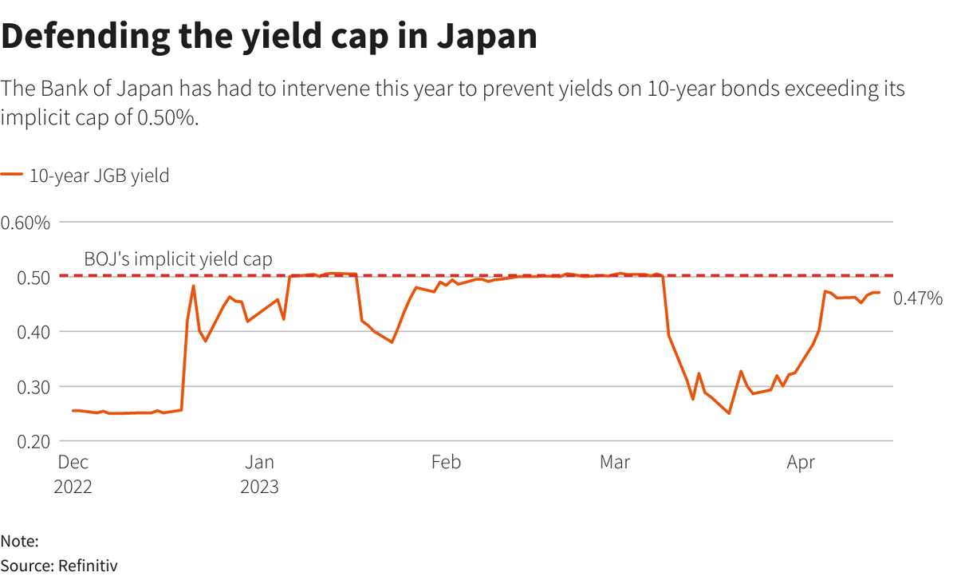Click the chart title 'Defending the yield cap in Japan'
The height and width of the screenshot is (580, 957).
[x=269, y=37]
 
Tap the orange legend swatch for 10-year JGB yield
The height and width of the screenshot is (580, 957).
[x=12, y=176]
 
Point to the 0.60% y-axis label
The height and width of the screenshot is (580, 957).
[x=26, y=223]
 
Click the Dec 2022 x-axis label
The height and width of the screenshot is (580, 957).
[x=73, y=474]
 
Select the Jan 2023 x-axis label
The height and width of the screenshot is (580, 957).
[x=259, y=474]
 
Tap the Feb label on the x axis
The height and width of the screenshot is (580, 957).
[x=445, y=463]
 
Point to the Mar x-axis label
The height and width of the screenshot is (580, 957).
[x=614, y=463]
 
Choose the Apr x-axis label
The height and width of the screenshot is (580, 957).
[x=801, y=463]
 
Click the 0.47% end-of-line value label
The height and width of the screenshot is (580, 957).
[x=918, y=299]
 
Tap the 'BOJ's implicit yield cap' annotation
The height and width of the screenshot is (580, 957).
[x=178, y=259]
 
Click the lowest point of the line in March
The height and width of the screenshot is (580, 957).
[x=729, y=413]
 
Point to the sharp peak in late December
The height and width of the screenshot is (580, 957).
[x=193, y=286]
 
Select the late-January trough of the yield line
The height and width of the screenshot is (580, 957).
[x=392, y=342]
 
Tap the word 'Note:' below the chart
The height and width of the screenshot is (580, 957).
[x=19, y=541]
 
